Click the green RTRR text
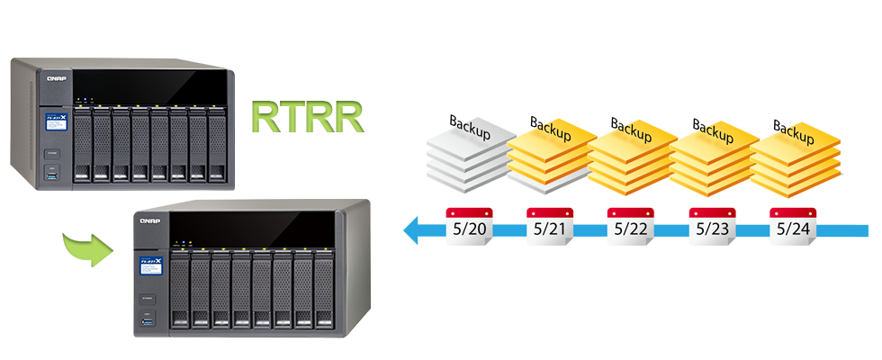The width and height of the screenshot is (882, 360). [x=307, y=117]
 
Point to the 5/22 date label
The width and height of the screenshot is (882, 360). [x=630, y=229]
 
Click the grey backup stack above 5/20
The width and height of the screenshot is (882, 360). [x=459, y=157]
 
